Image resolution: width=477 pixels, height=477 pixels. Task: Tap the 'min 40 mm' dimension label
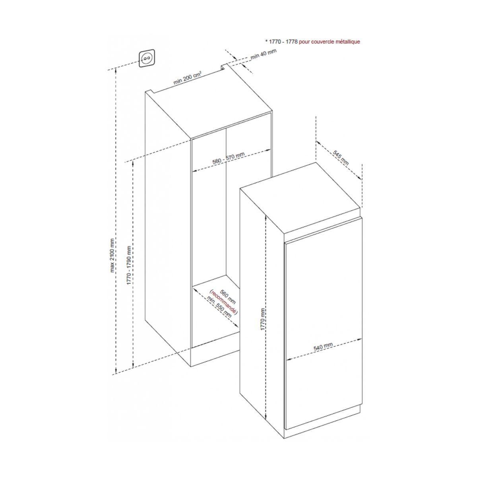click(x=264, y=54)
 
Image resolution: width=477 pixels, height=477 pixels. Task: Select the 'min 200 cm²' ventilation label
click(x=187, y=78)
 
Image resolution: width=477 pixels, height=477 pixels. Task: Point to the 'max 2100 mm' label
click(x=112, y=256)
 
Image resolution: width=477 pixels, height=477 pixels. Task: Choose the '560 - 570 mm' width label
click(x=229, y=158)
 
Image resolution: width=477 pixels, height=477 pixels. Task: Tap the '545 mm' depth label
click(x=340, y=158)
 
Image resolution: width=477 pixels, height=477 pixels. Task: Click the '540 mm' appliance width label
click(x=323, y=347)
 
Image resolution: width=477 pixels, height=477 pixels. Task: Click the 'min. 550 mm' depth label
click(x=219, y=307)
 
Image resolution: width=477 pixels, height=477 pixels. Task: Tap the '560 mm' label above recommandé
click(x=228, y=297)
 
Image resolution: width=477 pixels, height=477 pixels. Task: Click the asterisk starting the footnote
click(x=266, y=41)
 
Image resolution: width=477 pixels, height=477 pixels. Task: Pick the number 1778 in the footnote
click(x=292, y=42)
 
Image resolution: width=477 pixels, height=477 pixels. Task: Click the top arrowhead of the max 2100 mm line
click(x=116, y=70)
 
